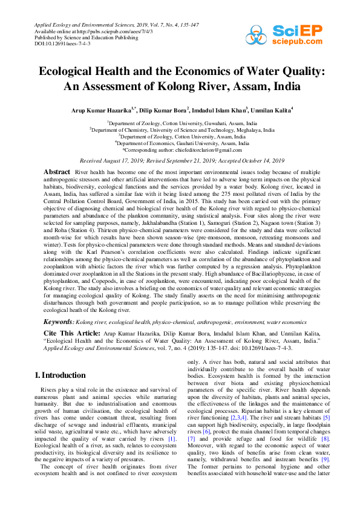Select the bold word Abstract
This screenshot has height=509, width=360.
(57, 172)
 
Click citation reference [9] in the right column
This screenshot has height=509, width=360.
(326, 462)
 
